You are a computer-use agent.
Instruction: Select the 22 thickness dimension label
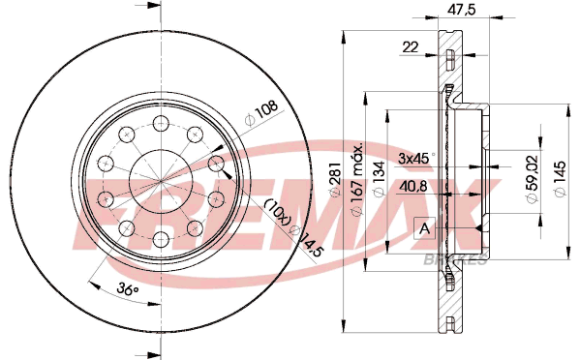click(411, 47)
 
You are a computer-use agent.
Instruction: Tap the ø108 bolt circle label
click(261, 112)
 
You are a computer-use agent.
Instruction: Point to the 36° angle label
click(128, 288)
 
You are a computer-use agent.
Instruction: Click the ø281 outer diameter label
click(335, 179)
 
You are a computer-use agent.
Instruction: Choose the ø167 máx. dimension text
click(356, 179)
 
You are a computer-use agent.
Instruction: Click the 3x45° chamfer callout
click(416, 158)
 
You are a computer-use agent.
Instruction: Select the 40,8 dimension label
click(412, 186)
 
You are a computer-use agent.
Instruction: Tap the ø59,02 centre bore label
click(532, 178)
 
